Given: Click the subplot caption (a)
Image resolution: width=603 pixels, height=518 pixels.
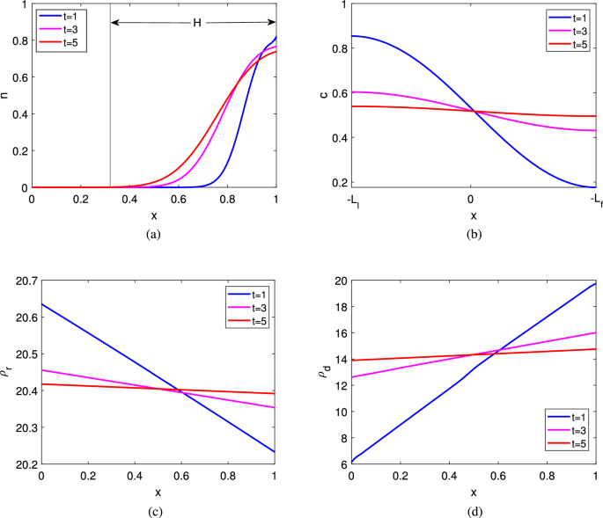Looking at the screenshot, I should tap(154, 234).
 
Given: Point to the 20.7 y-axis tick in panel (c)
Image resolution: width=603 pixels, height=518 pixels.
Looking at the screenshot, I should tap(24, 281).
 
